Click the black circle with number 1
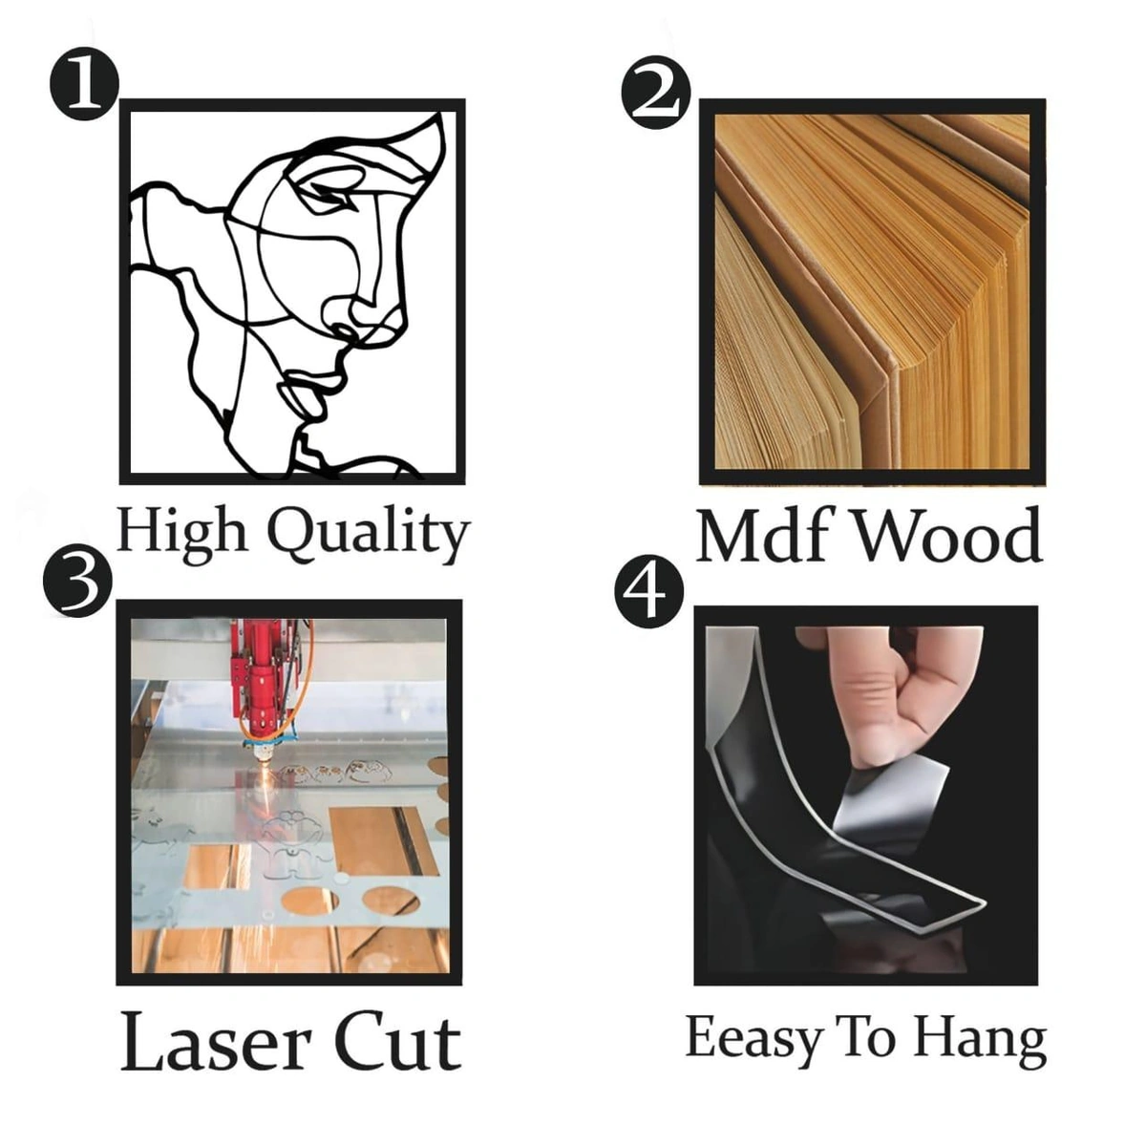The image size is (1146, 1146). [x=84, y=84]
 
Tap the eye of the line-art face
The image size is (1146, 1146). [x=331, y=192]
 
